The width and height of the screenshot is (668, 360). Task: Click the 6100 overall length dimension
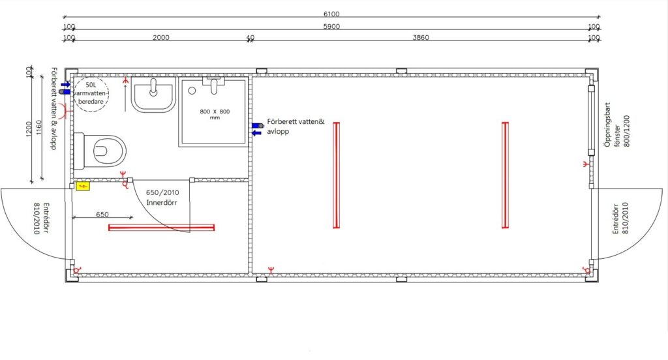click(x=331, y=14)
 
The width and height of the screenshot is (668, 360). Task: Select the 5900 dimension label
click(x=331, y=27)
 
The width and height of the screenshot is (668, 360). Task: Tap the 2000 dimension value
click(x=161, y=37)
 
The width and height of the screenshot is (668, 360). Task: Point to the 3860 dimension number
click(x=421, y=37)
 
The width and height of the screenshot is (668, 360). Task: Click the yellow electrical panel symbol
click(x=83, y=186)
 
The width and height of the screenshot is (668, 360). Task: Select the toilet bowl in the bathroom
click(x=100, y=151)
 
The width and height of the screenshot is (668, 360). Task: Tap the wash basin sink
click(x=153, y=95)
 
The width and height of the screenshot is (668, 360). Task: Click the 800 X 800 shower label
click(x=215, y=114)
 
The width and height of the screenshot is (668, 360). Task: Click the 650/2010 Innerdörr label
click(x=162, y=197)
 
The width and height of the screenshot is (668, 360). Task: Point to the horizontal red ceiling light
click(x=162, y=228)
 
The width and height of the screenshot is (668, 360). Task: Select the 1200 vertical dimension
click(x=29, y=129)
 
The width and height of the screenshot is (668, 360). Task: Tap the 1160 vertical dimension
click(x=38, y=128)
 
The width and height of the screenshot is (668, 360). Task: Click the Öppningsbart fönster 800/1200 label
click(x=616, y=125)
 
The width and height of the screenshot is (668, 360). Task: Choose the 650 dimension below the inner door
click(x=102, y=215)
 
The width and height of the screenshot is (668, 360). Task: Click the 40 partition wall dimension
click(x=250, y=38)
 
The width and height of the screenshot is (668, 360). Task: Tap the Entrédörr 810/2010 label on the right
click(x=621, y=218)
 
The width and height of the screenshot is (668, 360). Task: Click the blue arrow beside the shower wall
click(x=256, y=133)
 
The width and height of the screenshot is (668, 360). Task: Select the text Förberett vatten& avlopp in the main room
click(x=296, y=127)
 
